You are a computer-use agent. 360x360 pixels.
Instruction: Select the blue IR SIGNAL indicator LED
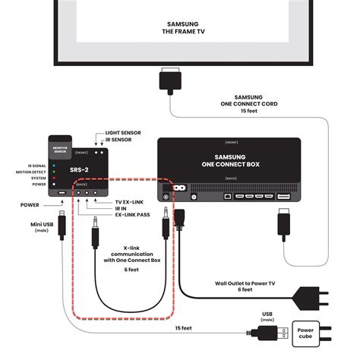[x=53, y=163]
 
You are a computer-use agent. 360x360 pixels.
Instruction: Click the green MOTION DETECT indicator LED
[x=53, y=172]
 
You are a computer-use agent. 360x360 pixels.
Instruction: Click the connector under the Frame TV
[x=169, y=80]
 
